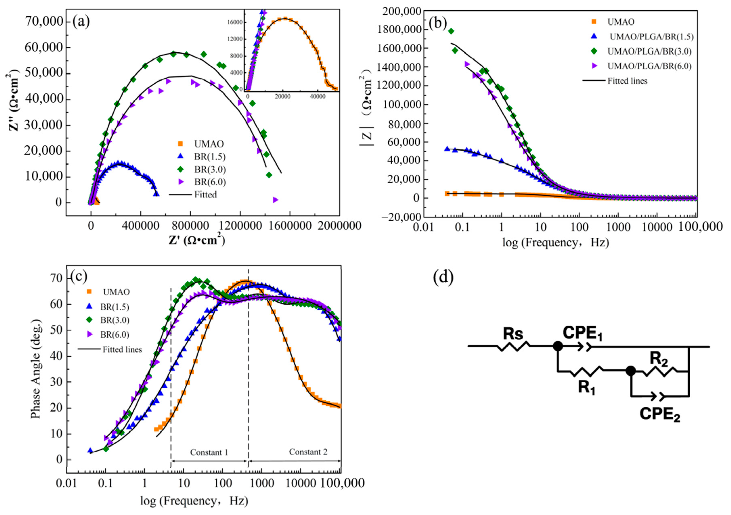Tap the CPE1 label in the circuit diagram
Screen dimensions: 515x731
(582, 334)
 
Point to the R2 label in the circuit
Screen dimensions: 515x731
(658, 359)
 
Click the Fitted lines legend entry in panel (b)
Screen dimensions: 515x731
(627, 81)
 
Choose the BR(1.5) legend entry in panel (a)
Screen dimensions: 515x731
(210, 157)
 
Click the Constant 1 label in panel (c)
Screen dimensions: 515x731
(209, 452)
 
